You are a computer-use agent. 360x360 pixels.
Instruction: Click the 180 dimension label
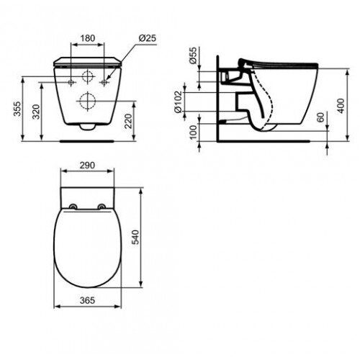coord(88,38)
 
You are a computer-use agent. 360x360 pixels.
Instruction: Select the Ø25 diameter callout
coord(148,38)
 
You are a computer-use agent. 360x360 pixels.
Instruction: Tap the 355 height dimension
coord(17,109)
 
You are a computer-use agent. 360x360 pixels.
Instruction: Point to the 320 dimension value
coord(36,112)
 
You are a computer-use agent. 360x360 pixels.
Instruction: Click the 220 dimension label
coord(129,121)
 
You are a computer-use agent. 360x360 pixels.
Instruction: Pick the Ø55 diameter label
coord(193,55)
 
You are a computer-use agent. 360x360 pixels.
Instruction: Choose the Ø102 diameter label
coord(179,102)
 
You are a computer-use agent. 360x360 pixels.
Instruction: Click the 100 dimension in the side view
coord(193,132)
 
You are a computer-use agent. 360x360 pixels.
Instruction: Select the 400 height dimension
coord(341,106)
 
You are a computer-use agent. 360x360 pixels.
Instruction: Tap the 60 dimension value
coord(321,117)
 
